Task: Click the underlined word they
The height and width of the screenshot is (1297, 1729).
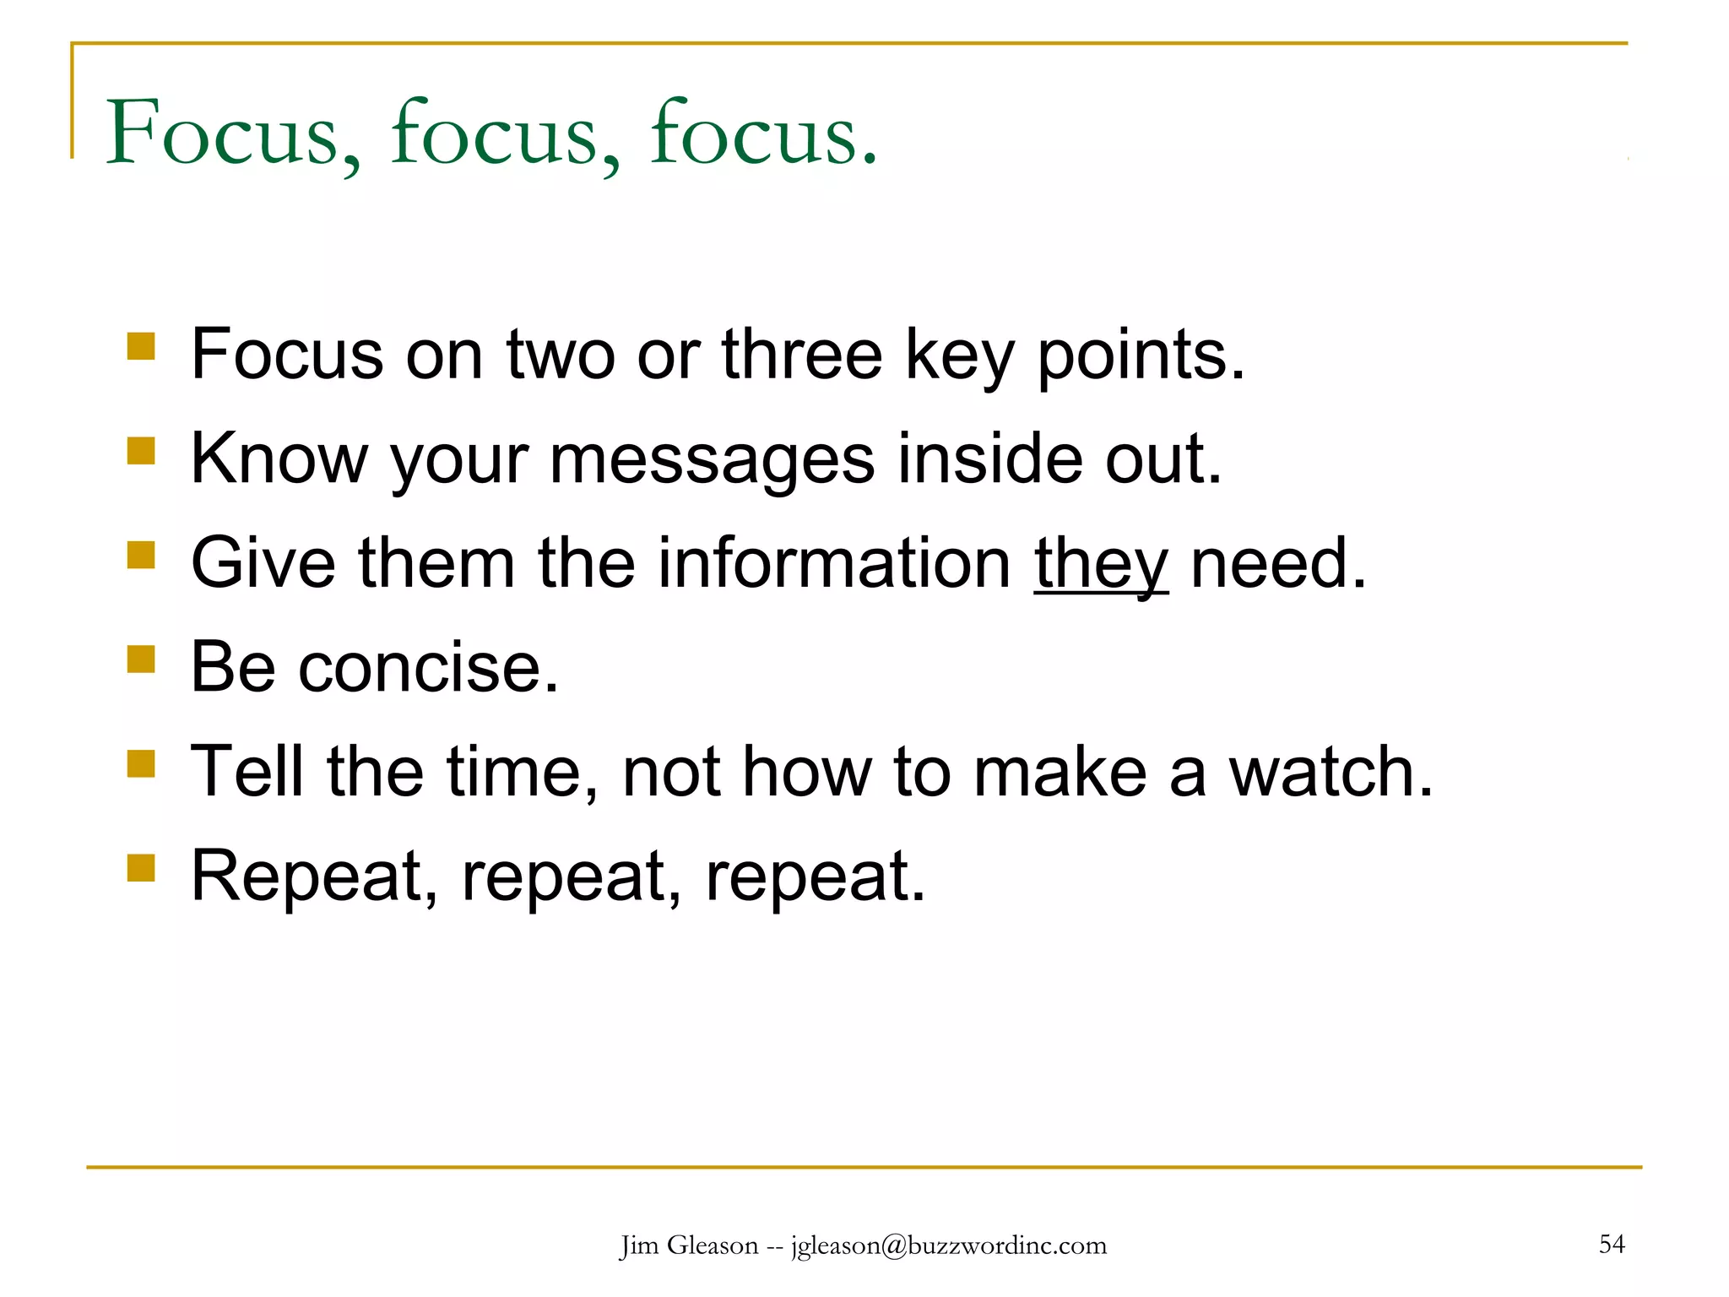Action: [1101, 563]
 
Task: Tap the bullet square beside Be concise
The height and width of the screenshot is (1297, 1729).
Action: [141, 659]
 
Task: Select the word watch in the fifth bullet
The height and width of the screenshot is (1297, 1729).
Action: [1330, 772]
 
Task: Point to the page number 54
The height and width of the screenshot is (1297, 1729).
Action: [1611, 1244]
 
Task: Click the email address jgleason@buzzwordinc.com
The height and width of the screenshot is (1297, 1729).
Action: [948, 1246]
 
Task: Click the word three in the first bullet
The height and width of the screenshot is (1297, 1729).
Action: [801, 355]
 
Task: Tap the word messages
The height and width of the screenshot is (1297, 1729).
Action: [712, 460]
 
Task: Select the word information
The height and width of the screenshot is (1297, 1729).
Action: [834, 563]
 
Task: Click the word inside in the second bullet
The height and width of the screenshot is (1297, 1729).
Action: [989, 459]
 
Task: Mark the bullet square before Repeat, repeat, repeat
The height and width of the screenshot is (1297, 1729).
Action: [141, 867]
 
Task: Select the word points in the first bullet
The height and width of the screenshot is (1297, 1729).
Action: [1140, 355]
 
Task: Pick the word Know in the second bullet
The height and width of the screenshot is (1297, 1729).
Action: [279, 459]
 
